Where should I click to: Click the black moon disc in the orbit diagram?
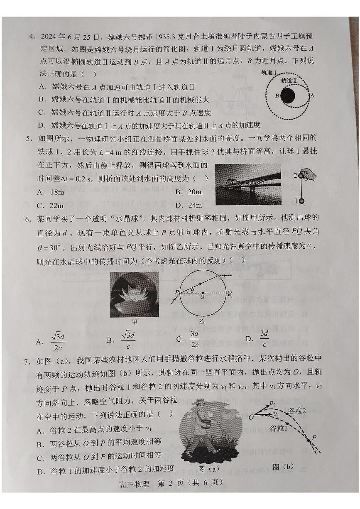click(x=287, y=96)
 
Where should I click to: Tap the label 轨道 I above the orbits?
click(x=269, y=73)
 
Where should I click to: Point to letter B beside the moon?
click(x=277, y=96)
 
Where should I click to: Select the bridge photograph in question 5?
click(x=248, y=184)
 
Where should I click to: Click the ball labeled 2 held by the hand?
click(x=302, y=176)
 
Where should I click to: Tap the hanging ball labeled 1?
click(x=302, y=201)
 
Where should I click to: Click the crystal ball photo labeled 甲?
click(x=134, y=294)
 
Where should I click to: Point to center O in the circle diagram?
click(x=202, y=296)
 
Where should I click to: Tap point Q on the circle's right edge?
click(x=229, y=292)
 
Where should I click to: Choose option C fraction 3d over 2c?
click(x=194, y=339)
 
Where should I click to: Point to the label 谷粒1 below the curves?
click(x=279, y=428)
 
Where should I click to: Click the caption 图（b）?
click(x=283, y=467)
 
